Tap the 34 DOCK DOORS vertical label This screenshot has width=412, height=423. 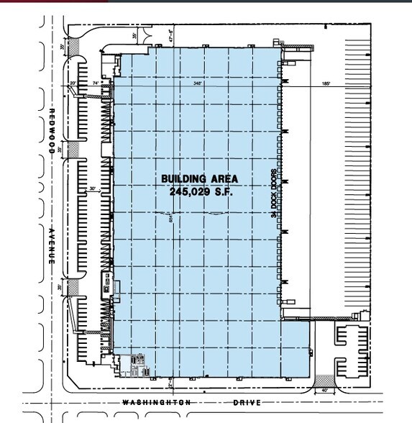click(274, 194)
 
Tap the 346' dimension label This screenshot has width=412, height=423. click(197, 83)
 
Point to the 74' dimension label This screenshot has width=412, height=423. click(96, 83)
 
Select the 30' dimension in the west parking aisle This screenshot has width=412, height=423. click(92, 189)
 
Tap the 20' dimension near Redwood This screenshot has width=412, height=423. click(73, 83)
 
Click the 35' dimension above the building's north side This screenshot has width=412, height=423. click(134, 35)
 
